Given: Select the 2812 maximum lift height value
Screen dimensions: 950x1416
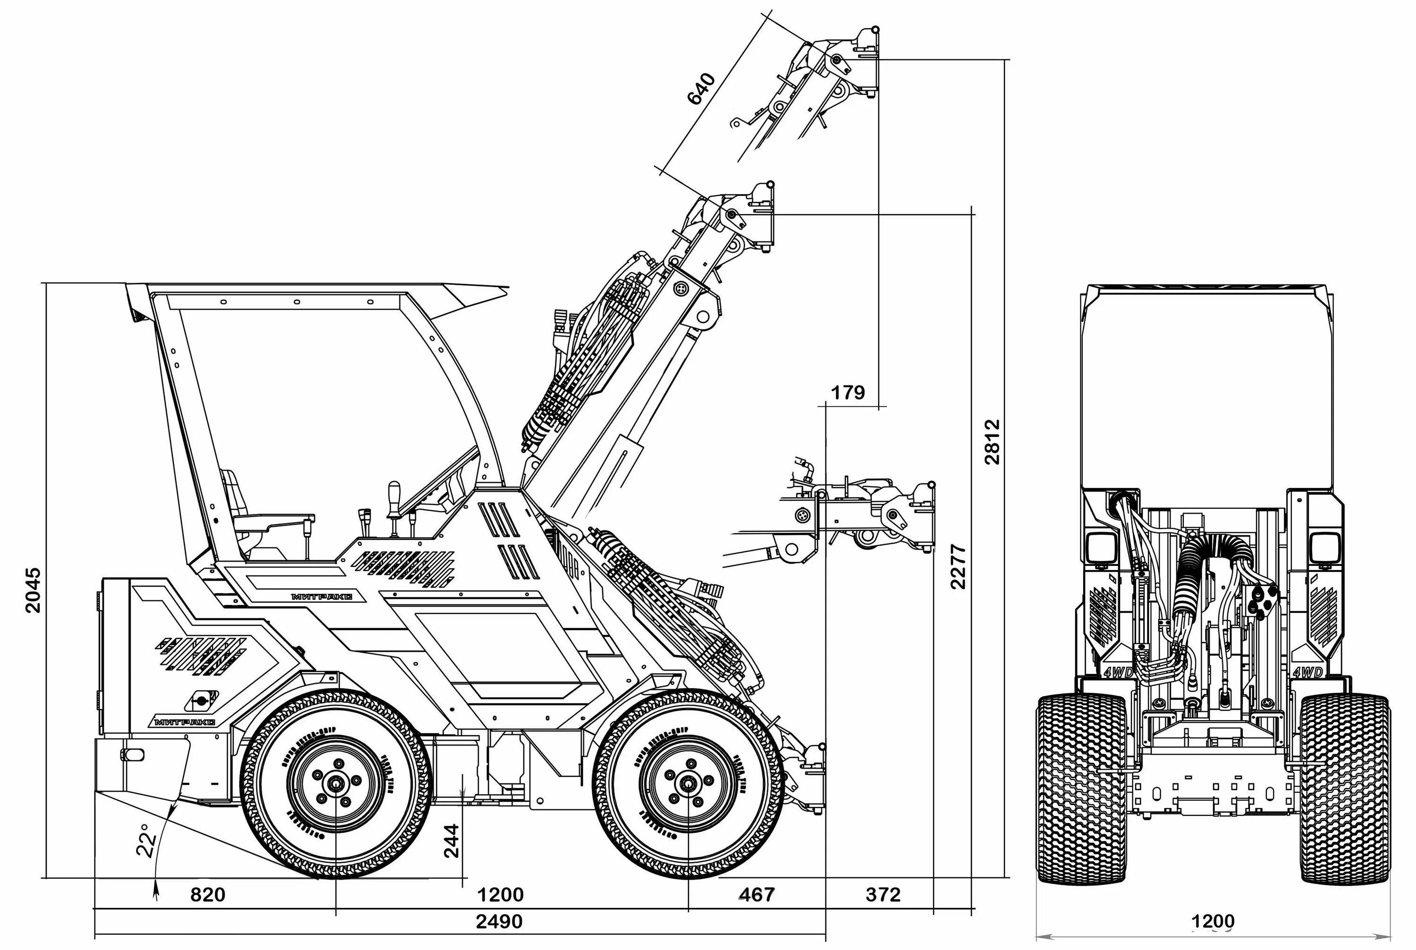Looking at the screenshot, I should [991, 442].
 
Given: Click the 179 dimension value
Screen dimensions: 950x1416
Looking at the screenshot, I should [848, 393].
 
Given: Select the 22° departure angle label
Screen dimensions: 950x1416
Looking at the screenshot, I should [146, 841].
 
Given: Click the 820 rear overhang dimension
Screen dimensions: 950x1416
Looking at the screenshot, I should [208, 894].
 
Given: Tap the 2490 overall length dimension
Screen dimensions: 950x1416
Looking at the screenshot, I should [498, 922].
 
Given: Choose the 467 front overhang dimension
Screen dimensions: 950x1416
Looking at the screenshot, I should [757, 894].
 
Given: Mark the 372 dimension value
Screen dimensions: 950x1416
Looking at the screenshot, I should [883, 894].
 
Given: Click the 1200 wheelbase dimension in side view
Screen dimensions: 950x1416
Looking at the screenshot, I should [500, 894].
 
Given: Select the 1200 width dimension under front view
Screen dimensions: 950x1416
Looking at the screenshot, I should [1213, 922].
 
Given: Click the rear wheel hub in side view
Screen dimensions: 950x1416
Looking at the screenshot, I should [335, 784].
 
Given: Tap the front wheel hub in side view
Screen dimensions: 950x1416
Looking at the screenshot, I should [688, 784].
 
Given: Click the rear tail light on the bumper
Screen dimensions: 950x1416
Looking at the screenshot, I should [133, 754].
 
